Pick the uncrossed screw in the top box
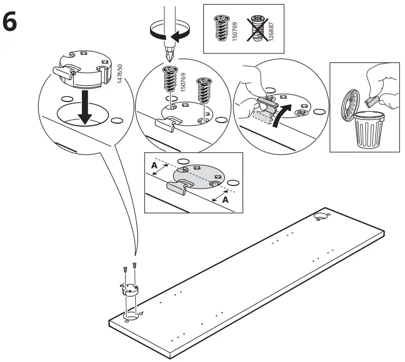(x=221, y=27)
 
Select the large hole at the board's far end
(x=320, y=216)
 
